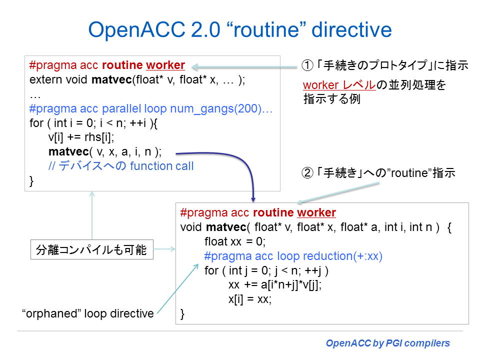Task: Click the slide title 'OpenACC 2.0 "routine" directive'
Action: pos(239,30)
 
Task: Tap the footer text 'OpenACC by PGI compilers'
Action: pos(387,343)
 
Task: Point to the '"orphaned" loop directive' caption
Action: pos(88,314)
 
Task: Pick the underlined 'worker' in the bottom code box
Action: pos(316,212)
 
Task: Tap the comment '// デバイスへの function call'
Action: pos(120,166)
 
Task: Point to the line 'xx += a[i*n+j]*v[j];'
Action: pos(274,285)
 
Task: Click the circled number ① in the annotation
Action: pos(306,65)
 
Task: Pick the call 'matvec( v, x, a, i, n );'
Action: pos(105,152)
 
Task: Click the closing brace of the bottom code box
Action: pos(182,314)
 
